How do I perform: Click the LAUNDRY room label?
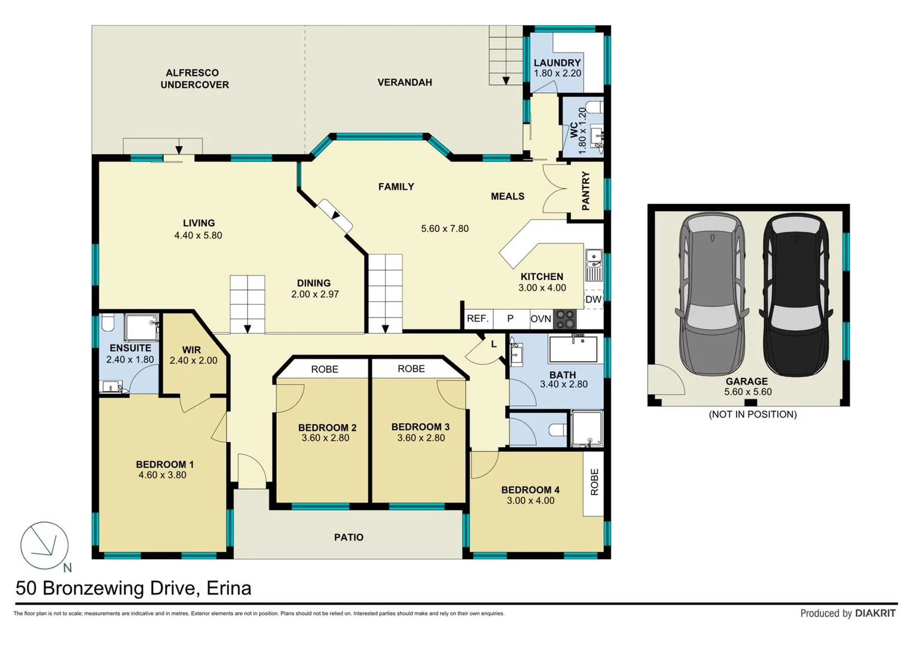557,63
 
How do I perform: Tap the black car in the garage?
796,294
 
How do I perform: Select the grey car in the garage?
712,294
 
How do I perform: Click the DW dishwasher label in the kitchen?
594,299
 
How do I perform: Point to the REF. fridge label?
478,318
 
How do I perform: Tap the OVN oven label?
541,318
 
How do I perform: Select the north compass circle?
44,546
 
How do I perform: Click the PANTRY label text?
586,191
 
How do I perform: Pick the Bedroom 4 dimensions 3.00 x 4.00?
530,501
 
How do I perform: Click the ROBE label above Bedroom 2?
325,369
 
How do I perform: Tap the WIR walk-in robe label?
191,350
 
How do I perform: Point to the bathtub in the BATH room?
573,349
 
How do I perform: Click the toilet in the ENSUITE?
108,322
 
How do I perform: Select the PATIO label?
349,537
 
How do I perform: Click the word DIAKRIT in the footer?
875,613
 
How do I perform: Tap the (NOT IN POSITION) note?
752,415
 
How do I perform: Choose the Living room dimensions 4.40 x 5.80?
198,235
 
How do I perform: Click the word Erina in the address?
228,588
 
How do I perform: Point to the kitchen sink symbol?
594,264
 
